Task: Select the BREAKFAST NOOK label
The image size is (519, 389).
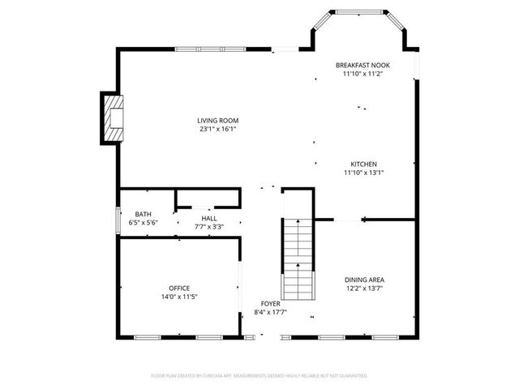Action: click(x=362, y=64)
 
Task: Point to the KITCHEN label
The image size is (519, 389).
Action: click(x=362, y=164)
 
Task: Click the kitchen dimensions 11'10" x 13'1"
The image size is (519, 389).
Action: click(x=362, y=172)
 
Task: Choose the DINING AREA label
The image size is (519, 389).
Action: click(x=364, y=280)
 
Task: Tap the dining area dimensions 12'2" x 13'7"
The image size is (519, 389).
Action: click(x=364, y=288)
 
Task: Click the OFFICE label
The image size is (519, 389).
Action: click(x=179, y=289)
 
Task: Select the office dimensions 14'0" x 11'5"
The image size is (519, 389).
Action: click(x=179, y=297)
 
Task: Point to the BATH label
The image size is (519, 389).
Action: click(x=143, y=214)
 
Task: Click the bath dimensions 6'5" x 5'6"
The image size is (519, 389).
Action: click(x=143, y=222)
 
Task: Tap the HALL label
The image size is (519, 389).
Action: click(x=209, y=218)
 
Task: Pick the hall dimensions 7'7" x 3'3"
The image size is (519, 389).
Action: click(x=209, y=227)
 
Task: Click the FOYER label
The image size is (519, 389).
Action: click(x=270, y=303)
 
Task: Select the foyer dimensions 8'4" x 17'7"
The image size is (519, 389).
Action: click(x=270, y=312)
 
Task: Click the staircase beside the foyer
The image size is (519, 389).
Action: click(x=297, y=259)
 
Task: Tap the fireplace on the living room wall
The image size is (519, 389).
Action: click(x=111, y=118)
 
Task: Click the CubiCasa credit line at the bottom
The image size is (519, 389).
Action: click(x=259, y=376)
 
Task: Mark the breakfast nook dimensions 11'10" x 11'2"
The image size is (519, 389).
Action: click(x=362, y=73)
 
